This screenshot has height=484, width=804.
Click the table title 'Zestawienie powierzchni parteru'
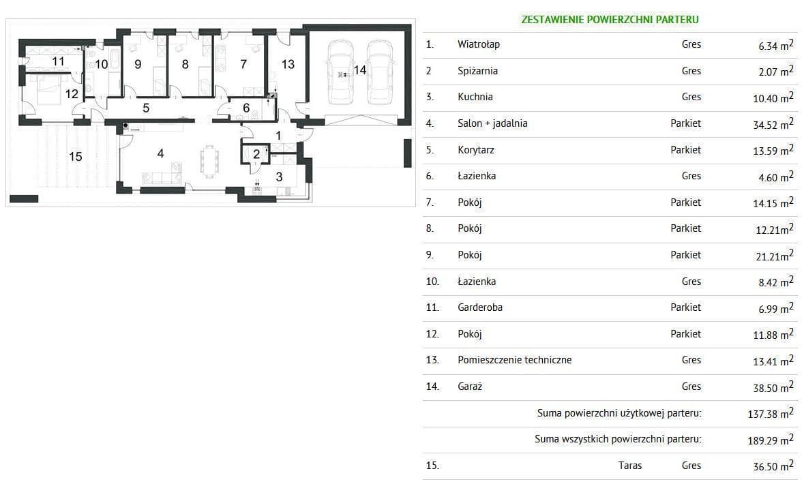click(610, 20)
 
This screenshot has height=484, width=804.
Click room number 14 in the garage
click(360, 70)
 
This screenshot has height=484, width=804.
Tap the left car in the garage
click(340, 72)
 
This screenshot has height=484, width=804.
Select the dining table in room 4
click(209, 162)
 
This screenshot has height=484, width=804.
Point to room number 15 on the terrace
click(76, 156)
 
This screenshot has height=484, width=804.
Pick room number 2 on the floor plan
click(256, 154)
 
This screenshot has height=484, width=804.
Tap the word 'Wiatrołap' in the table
click(479, 44)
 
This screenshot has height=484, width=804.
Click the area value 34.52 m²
click(773, 123)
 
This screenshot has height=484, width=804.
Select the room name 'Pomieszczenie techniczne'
click(514, 360)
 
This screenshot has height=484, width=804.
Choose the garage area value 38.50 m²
click(773, 387)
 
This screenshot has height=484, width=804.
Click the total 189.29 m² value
click(771, 440)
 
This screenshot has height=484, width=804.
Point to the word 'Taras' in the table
click(630, 466)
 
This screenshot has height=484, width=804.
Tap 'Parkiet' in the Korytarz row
click(685, 150)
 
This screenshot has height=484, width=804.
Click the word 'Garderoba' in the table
click(480, 307)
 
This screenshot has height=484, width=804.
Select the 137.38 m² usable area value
click(771, 413)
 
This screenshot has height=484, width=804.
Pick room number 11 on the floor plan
click(58, 61)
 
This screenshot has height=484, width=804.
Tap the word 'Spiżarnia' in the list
click(477, 71)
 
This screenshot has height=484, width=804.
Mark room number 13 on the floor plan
click(288, 64)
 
